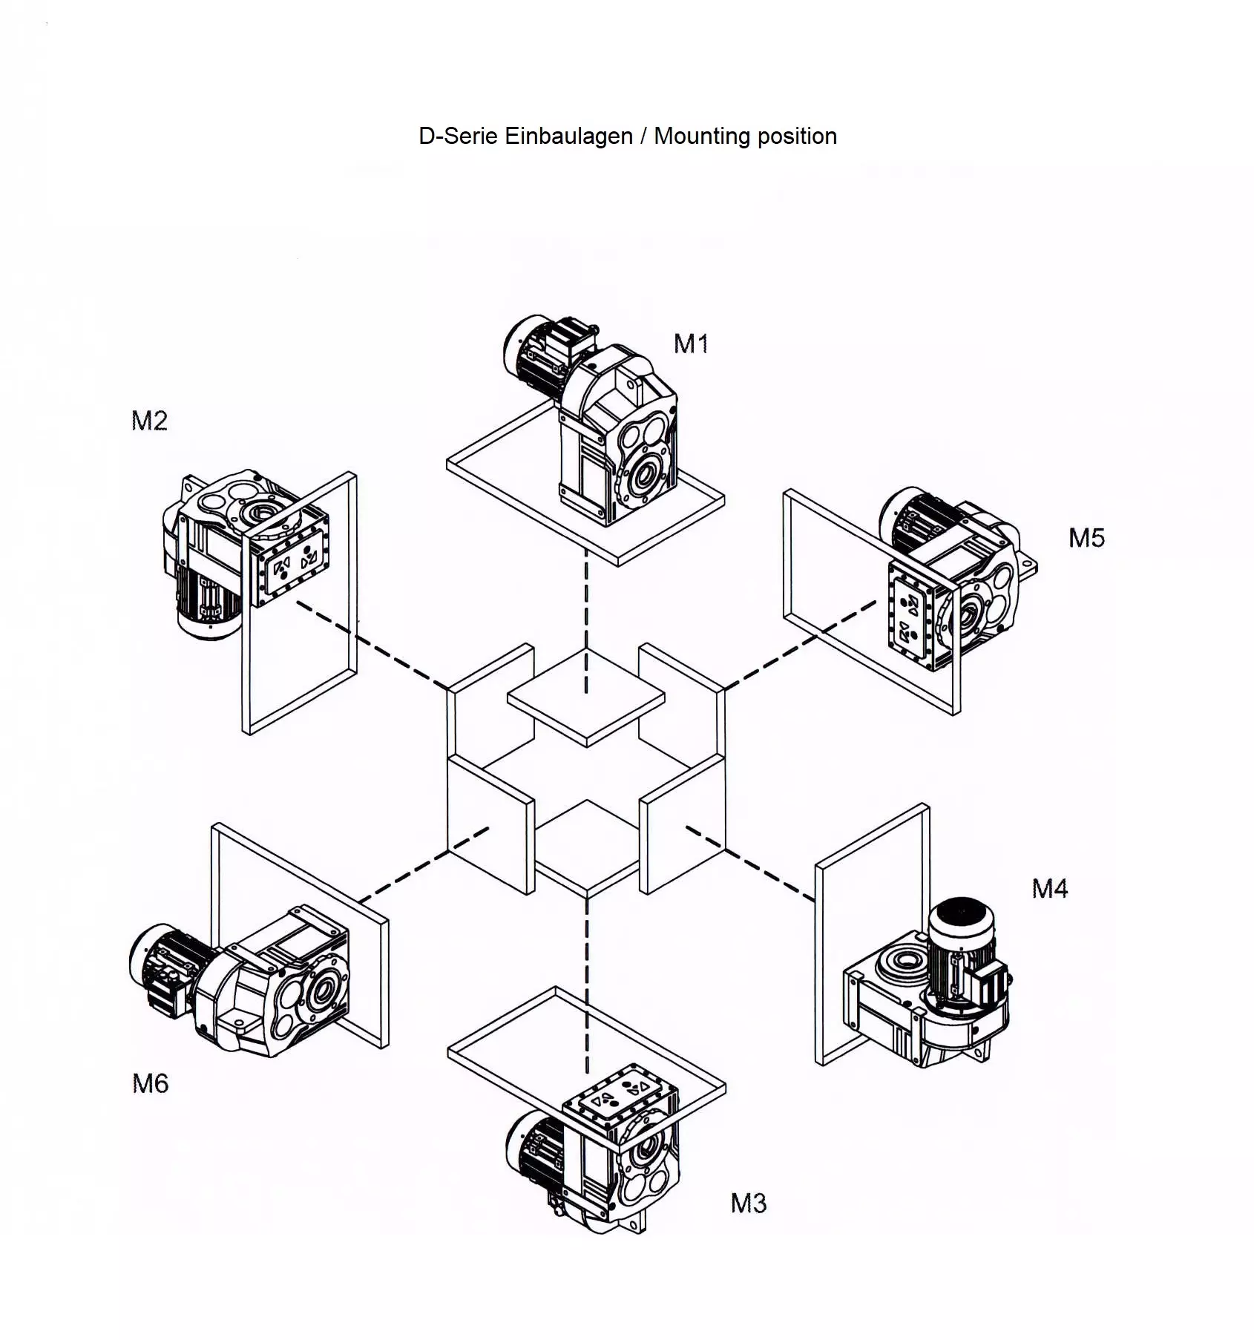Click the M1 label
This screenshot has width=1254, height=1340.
pyautogui.click(x=690, y=344)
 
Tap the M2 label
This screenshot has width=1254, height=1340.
pyautogui.click(x=149, y=421)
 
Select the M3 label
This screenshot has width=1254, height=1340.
pyautogui.click(x=748, y=1203)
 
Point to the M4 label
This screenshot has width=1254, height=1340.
pyautogui.click(x=1049, y=888)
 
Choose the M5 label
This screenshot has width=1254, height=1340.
pyautogui.click(x=1086, y=538)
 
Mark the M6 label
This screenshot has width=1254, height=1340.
pyautogui.click(x=150, y=1083)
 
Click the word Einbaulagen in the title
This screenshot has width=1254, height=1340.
pyautogui.click(x=568, y=136)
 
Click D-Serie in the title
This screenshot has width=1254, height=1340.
pyautogui.click(x=458, y=136)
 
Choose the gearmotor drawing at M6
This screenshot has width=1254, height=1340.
pyautogui.click(x=245, y=979)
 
